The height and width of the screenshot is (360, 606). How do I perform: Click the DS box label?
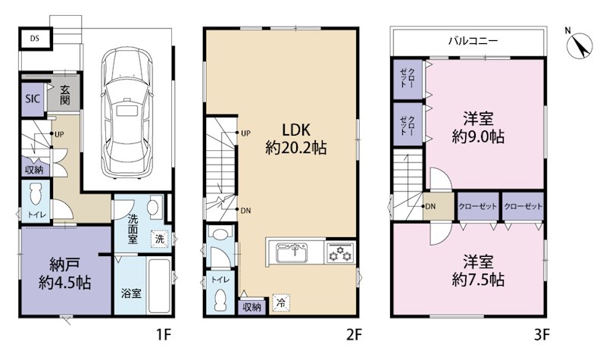(x=35, y=39)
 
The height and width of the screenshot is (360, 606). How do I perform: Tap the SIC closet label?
(x=33, y=99)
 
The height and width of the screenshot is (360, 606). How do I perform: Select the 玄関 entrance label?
(x=65, y=95)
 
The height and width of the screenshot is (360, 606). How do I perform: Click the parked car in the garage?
(x=126, y=113)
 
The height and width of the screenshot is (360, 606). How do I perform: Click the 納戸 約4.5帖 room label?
(x=65, y=274)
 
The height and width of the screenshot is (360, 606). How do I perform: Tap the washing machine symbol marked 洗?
(x=160, y=239)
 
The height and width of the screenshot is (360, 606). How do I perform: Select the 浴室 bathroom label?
(x=131, y=293)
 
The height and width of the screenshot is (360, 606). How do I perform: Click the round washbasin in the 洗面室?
(x=156, y=207)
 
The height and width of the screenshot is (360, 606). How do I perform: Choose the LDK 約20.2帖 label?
(x=296, y=139)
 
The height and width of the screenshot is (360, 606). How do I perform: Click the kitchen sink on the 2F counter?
(x=292, y=252)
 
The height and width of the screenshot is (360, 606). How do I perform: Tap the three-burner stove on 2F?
(x=340, y=252)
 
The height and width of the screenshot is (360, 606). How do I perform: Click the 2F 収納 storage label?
(x=252, y=308)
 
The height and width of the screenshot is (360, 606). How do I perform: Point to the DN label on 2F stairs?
(x=245, y=211)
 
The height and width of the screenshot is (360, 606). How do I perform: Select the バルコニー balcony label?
(x=473, y=41)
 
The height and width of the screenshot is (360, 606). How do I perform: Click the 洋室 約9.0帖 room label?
(x=478, y=127)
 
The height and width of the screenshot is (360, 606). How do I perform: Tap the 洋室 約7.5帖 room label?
(x=478, y=271)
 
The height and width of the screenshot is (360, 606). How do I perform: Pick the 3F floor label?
(x=542, y=334)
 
